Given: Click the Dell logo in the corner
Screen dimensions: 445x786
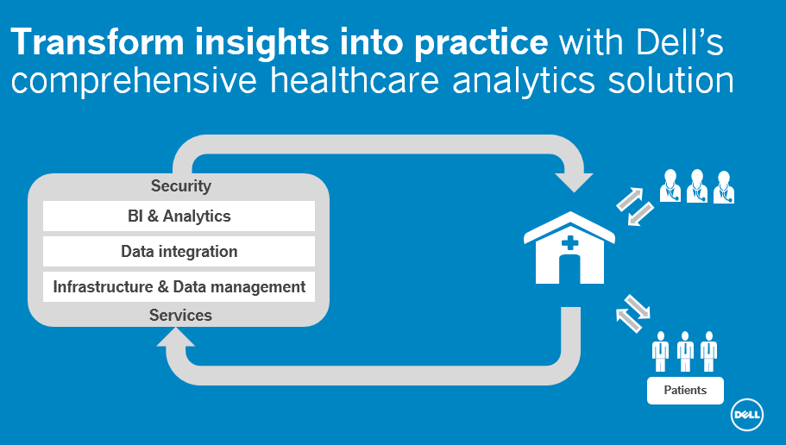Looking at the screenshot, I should (x=745, y=416).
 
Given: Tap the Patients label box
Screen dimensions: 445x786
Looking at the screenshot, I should (x=685, y=391).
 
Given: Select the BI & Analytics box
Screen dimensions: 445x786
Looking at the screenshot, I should (x=179, y=216).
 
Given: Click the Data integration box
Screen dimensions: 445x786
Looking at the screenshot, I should (x=179, y=252).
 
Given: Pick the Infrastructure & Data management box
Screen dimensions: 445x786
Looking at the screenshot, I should (x=179, y=287).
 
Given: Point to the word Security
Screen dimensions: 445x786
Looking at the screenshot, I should (x=180, y=186).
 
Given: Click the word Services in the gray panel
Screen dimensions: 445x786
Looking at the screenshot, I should (x=180, y=316).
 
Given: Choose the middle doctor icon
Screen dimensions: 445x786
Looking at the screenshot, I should (x=696, y=185).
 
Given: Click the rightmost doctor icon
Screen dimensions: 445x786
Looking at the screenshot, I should (x=723, y=185).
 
